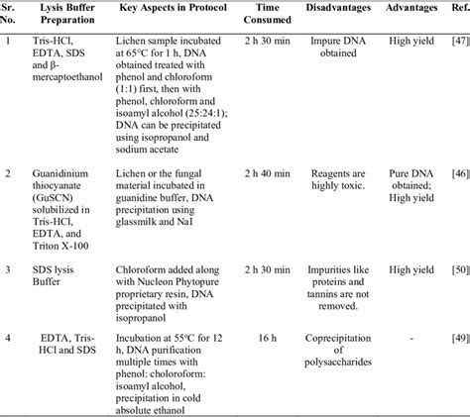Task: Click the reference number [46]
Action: point(459,172)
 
